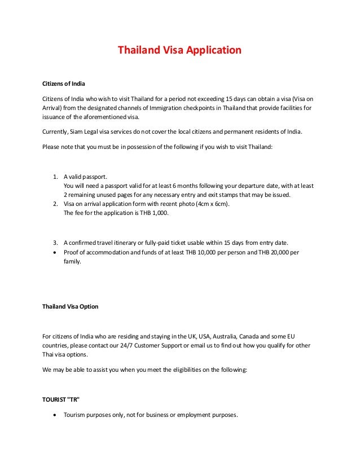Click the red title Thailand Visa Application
179,50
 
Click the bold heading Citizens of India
64,84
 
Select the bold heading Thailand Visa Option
71,306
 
